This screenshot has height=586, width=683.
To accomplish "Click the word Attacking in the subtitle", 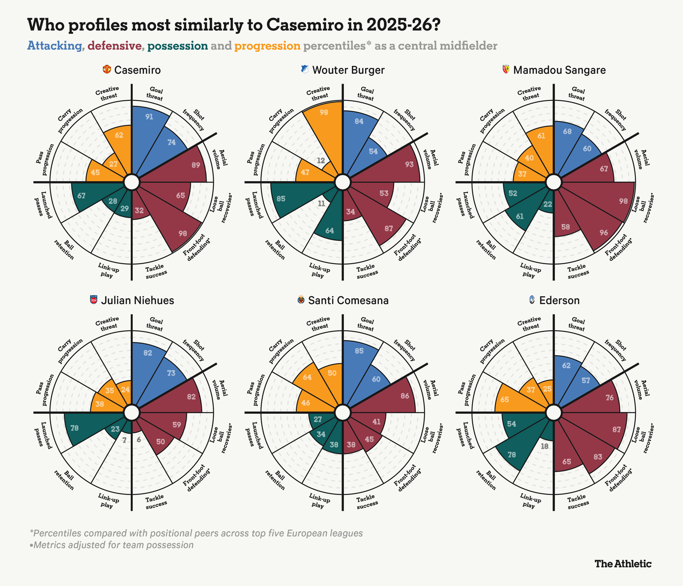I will tap(55, 46).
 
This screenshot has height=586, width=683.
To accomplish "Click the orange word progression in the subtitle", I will tap(267, 46).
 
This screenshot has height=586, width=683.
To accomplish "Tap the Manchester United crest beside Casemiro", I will tap(107, 70).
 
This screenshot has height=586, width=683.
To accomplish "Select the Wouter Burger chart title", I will tap(348, 70).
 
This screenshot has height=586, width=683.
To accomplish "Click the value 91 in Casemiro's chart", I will tap(149, 117).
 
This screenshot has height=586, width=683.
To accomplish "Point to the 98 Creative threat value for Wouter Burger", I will tap(324, 112).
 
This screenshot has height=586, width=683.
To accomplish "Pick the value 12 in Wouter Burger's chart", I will tap(321, 160).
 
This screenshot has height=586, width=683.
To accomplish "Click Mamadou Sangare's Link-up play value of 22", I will tap(548, 204).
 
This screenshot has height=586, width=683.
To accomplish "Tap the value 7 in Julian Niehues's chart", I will tap(124, 440).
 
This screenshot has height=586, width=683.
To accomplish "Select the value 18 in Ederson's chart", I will tap(544, 446).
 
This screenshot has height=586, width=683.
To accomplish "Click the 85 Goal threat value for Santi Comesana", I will tap(359, 351).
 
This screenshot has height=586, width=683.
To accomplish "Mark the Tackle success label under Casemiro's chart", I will tap(157, 270).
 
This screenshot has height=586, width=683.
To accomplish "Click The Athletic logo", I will tap(623, 563).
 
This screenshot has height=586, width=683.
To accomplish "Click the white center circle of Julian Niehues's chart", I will tap(131, 412).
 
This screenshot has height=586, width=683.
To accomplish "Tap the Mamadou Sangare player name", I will tap(559, 70).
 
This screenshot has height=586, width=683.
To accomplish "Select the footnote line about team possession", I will tap(112, 545).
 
